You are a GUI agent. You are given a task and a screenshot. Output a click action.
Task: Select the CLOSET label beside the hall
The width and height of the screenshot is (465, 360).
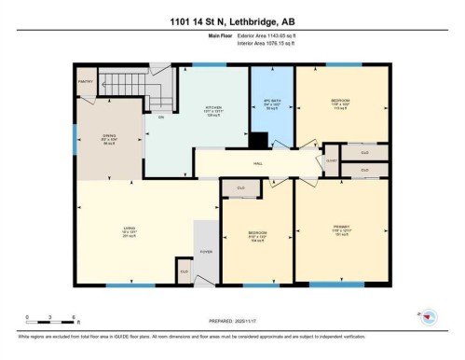point(331,160)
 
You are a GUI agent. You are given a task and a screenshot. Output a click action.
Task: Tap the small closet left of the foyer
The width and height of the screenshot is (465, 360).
point(185,271)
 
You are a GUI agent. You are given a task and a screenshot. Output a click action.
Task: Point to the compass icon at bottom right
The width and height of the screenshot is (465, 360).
point(431,318)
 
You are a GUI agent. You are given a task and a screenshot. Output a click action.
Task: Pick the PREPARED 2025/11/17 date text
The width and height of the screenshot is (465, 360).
point(231,318)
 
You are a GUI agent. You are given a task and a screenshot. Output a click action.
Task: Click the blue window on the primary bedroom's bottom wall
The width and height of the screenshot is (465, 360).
point(336,284)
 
